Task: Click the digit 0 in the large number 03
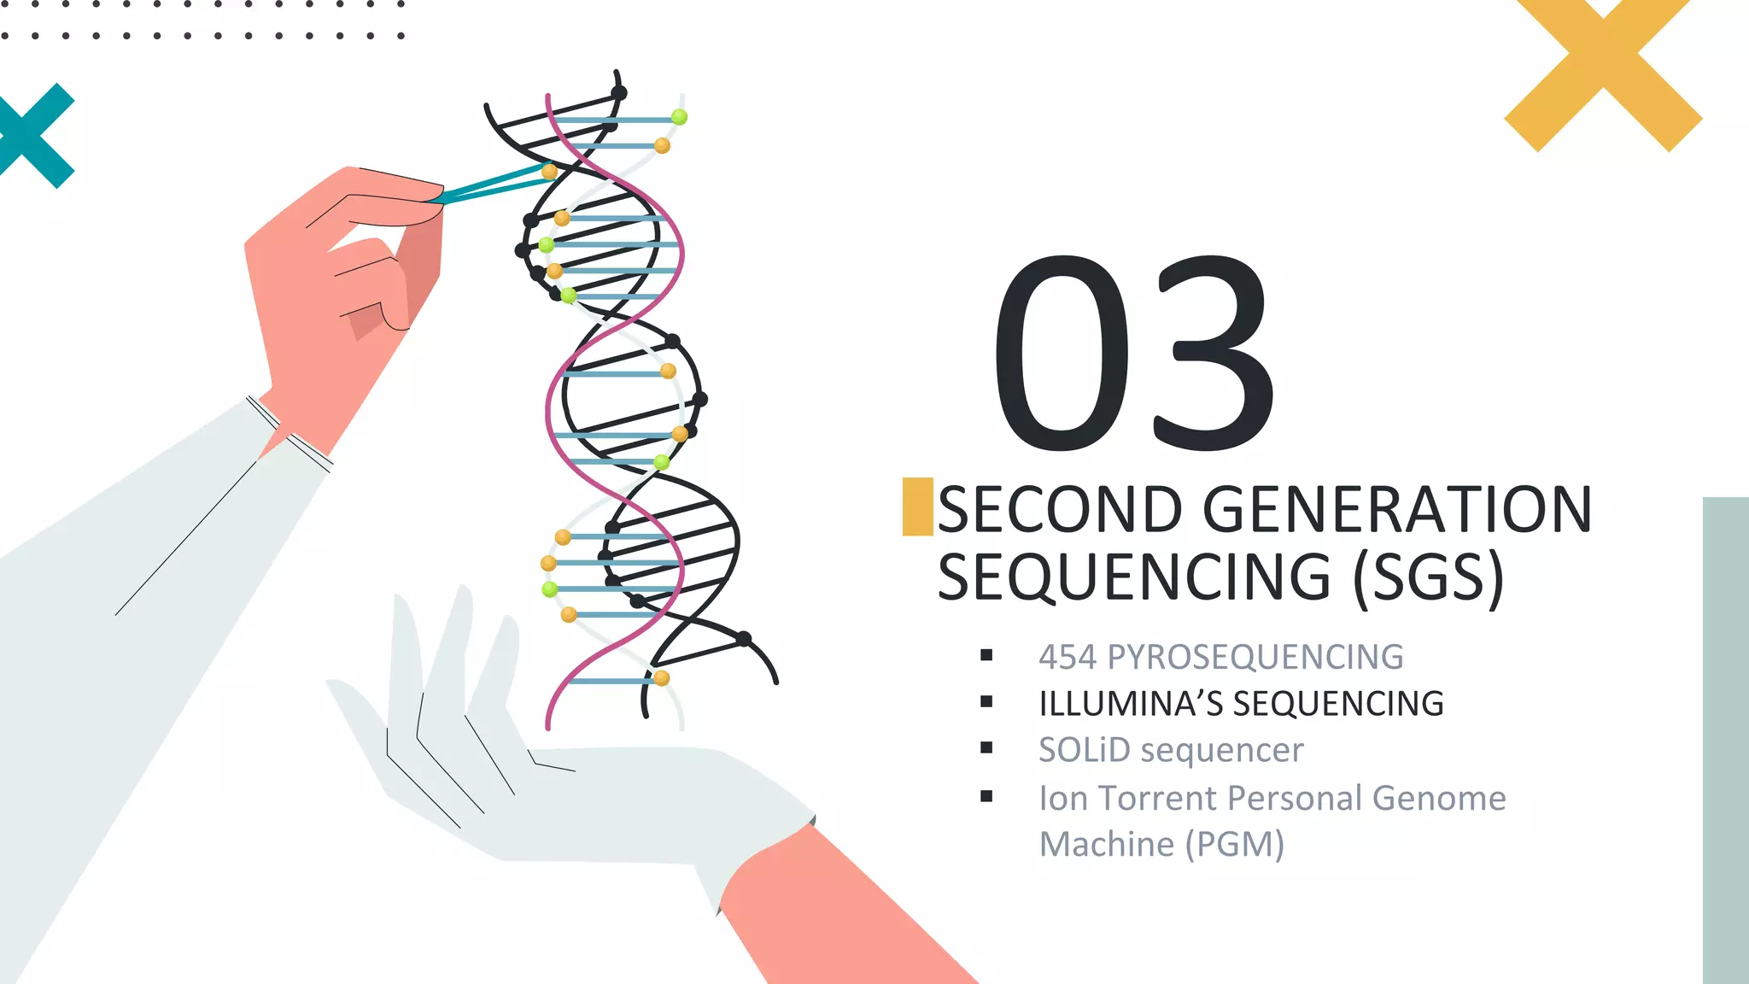tap(1062, 352)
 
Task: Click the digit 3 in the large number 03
tap(1214, 352)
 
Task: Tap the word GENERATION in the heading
tap(1398, 509)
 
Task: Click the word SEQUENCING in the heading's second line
tap(1134, 577)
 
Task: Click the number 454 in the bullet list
tap(1067, 657)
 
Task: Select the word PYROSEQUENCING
tap(1255, 657)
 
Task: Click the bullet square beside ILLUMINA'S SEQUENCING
tap(987, 702)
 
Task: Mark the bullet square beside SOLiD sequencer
tap(987, 748)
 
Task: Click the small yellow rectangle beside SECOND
tap(917, 507)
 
